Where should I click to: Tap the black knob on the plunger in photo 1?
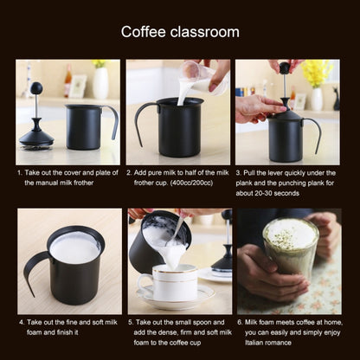coord(36,88)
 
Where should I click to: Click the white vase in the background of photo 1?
coord(100,83)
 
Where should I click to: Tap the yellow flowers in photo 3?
coord(317,71)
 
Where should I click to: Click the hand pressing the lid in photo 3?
coord(258,107)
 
